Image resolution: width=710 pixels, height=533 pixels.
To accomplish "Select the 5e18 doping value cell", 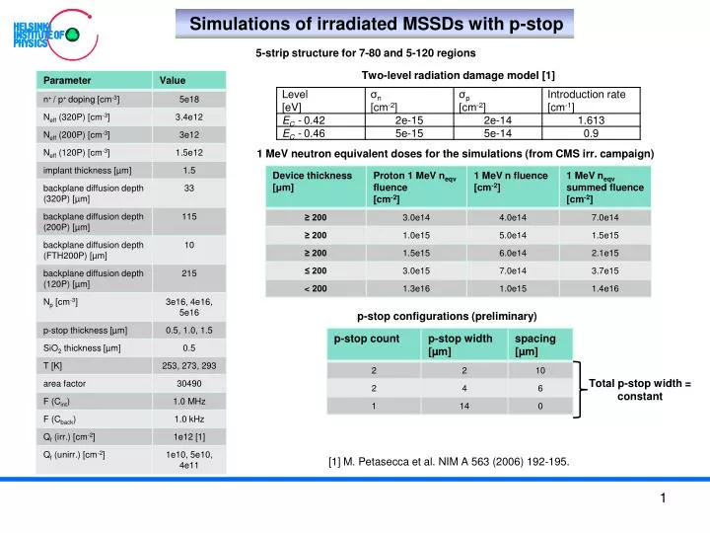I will click(189, 99).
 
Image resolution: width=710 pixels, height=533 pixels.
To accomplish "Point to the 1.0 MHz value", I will click(189, 401).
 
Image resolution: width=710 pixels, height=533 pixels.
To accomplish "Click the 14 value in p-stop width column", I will click(462, 406).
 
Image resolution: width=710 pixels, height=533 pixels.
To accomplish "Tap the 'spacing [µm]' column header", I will click(534, 344).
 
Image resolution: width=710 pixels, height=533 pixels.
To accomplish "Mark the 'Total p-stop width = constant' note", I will click(640, 389).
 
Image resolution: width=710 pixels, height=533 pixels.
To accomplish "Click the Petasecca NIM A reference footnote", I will click(448, 461).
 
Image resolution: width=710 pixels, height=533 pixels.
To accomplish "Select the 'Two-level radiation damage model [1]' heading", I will click(459, 75).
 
